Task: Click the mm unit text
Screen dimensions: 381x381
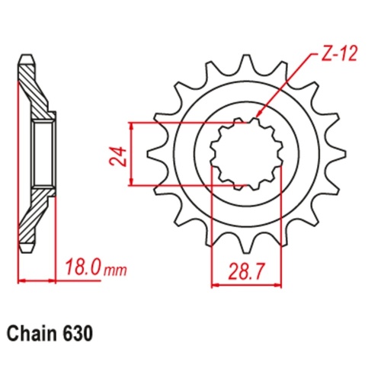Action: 115,270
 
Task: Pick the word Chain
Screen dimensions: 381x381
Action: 31,333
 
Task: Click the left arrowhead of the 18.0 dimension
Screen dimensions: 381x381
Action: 21,281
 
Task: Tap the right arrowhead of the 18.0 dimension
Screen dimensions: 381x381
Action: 54,281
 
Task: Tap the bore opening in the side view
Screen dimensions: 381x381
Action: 43,152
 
